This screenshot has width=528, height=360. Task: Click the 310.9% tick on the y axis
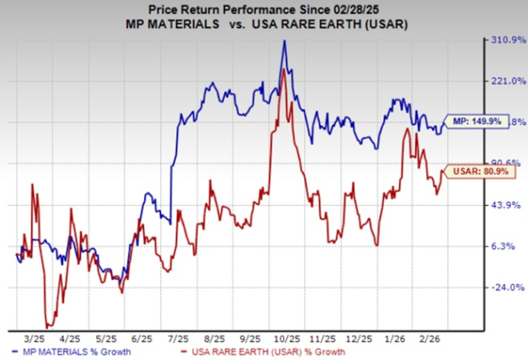[497, 40]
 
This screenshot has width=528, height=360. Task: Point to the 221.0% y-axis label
[497, 81]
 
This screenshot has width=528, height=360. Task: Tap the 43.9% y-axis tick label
[497, 205]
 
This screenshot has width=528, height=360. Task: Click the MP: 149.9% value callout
[473, 122]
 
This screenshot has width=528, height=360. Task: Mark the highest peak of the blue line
[284, 41]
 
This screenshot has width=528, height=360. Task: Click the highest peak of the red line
[283, 68]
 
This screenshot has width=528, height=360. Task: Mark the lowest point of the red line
[48, 326]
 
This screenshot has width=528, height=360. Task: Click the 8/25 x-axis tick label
[211, 337]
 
